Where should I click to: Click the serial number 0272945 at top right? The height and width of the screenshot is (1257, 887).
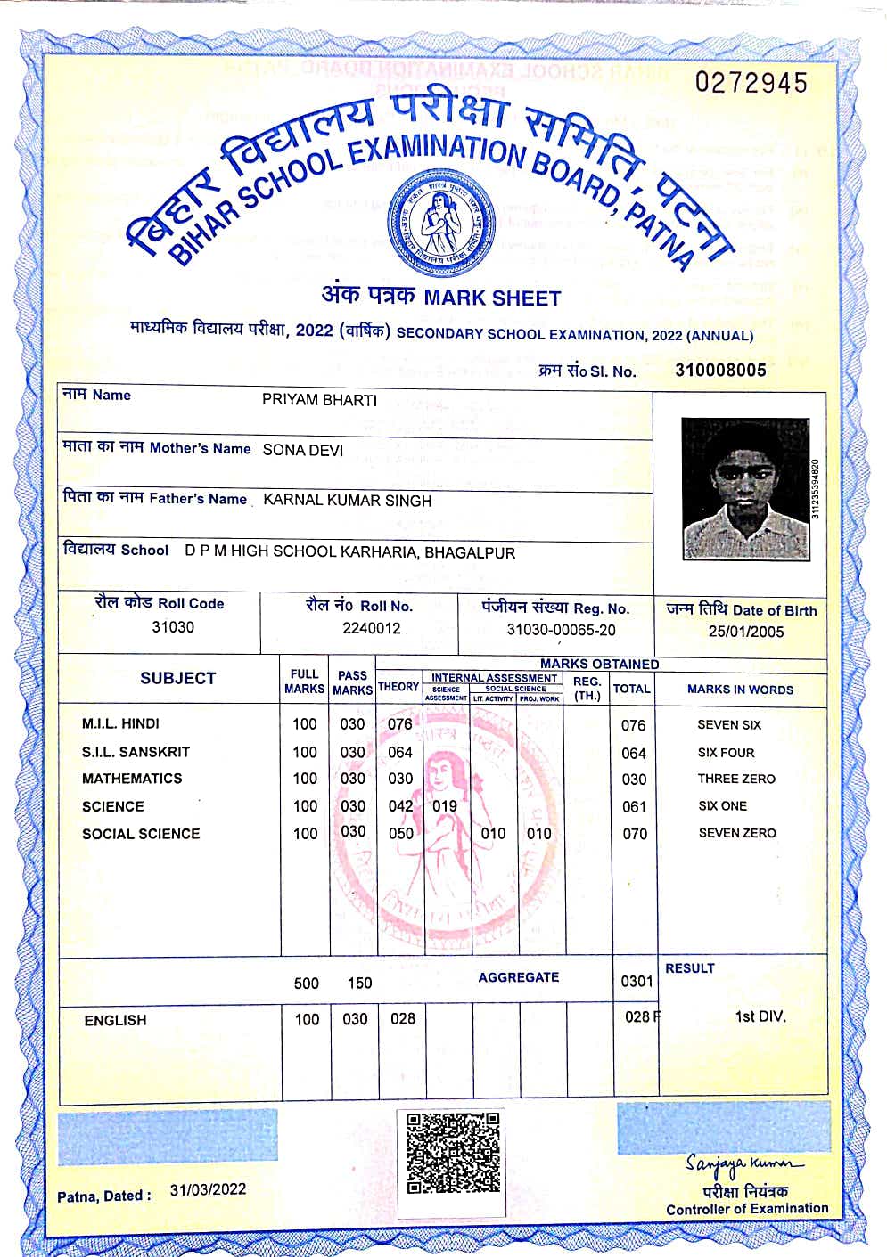[x=751, y=83]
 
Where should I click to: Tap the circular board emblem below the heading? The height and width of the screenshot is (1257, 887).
[x=439, y=223]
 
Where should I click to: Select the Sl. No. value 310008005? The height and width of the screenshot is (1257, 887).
[x=720, y=370]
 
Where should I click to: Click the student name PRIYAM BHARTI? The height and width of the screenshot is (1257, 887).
[x=319, y=400]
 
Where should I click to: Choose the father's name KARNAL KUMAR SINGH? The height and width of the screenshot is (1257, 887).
[x=347, y=501]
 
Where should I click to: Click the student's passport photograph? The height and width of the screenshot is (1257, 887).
[x=745, y=489]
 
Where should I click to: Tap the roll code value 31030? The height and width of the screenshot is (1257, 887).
[x=173, y=627]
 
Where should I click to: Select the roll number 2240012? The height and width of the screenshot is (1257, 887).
[x=371, y=628]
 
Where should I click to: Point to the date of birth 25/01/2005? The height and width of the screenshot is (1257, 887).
[x=746, y=632]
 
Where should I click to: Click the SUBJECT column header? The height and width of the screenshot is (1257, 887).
[x=177, y=678]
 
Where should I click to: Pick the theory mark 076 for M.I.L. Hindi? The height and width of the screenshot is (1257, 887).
[x=399, y=724]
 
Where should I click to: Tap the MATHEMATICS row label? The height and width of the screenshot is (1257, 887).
[x=132, y=779]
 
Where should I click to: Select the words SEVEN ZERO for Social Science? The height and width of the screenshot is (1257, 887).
[x=737, y=833]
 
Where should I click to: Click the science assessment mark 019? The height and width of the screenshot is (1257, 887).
[x=444, y=806]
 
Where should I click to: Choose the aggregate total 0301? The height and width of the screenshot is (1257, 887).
[x=637, y=981]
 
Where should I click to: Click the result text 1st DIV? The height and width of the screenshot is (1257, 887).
[x=760, y=1016]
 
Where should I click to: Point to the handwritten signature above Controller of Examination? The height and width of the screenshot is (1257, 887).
[x=743, y=1163]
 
